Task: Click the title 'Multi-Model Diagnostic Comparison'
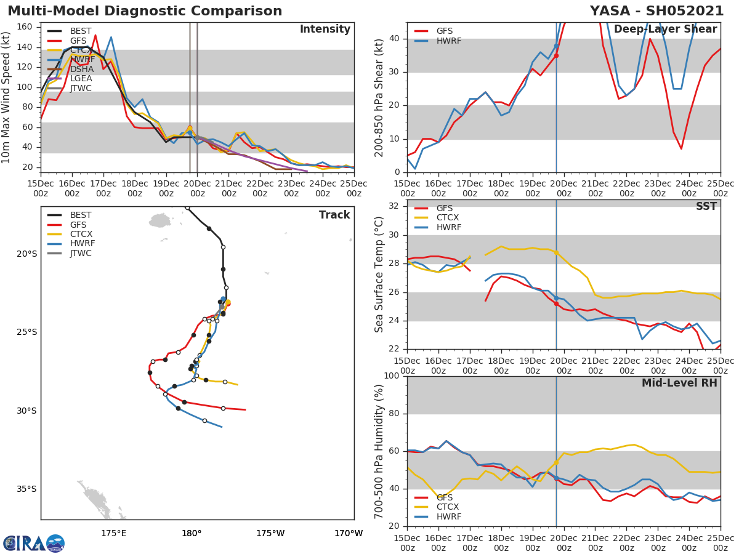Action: pyautogui.click(x=145, y=11)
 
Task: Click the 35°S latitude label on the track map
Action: pyautogui.click(x=26, y=489)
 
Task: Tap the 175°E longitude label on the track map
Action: pyautogui.click(x=114, y=533)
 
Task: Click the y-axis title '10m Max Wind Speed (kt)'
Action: pyautogui.click(x=7, y=97)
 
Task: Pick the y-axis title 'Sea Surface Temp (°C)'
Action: pyautogui.click(x=380, y=275)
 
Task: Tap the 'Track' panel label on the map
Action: pyautogui.click(x=334, y=215)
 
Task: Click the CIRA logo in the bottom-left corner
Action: pyautogui.click(x=34, y=543)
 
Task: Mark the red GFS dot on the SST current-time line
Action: pyautogui.click(x=556, y=303)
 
